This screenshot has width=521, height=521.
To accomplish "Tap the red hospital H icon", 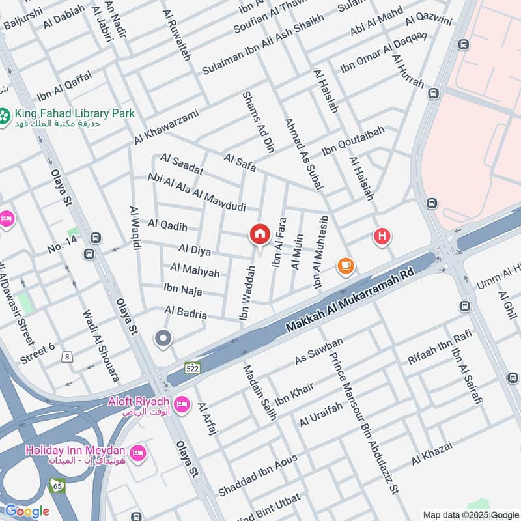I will pos(382,236).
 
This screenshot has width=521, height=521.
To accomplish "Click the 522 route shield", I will pos(192,368).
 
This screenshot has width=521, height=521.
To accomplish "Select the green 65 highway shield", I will pos(57,485).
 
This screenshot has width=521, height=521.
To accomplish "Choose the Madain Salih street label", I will pos(260,391).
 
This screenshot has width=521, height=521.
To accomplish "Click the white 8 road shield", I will pos(66,356).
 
